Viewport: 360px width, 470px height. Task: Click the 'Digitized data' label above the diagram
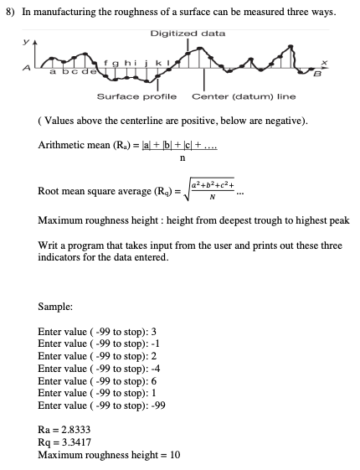(188, 34)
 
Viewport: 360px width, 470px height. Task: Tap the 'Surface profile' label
(136, 96)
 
